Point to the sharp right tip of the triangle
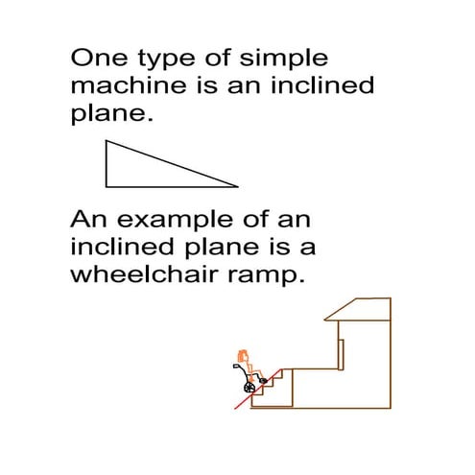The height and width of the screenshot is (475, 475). tap(235, 185)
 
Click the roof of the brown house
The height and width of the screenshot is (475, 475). tap(360, 310)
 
